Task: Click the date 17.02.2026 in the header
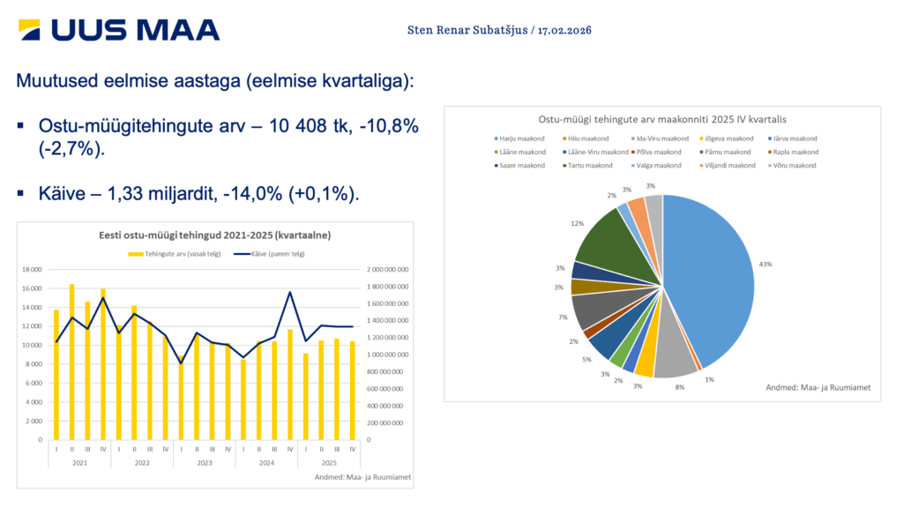click(x=564, y=30)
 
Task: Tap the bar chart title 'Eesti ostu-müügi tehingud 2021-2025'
click(x=214, y=235)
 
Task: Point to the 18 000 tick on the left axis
click(x=31, y=269)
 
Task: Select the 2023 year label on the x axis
click(x=205, y=462)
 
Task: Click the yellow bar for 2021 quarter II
click(x=72, y=362)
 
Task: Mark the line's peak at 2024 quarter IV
click(x=290, y=292)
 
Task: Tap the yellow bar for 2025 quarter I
click(x=305, y=396)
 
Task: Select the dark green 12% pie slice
click(x=622, y=247)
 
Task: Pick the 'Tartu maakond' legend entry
click(x=589, y=165)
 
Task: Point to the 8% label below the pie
click(x=680, y=385)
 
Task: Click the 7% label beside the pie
click(x=562, y=317)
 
